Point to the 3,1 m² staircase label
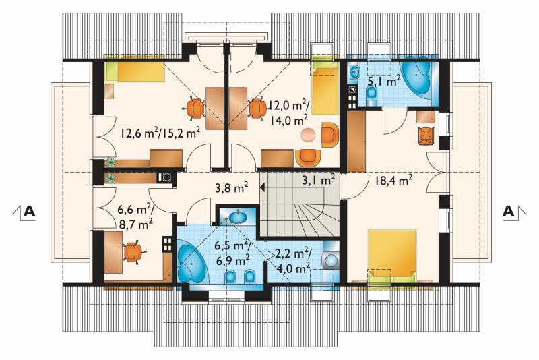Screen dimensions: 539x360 (x=318, y=180)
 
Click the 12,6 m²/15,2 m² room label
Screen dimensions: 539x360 (x=160, y=132)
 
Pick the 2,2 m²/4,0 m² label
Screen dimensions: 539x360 (x=293, y=261)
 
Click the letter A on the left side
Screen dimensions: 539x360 (x=29, y=211)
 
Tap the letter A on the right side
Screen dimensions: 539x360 (x=509, y=211)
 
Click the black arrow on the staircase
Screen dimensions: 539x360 (x=262, y=187)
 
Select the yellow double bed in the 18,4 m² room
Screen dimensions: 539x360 (x=392, y=253)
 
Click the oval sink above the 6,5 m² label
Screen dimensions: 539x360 (x=238, y=217)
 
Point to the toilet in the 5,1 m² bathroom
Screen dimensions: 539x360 (x=371, y=95)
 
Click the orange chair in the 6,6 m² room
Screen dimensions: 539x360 (x=133, y=251)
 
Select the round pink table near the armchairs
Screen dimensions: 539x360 (x=308, y=134)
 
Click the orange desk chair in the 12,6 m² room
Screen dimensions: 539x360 (x=196, y=109)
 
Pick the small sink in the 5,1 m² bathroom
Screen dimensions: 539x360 (x=354, y=73)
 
